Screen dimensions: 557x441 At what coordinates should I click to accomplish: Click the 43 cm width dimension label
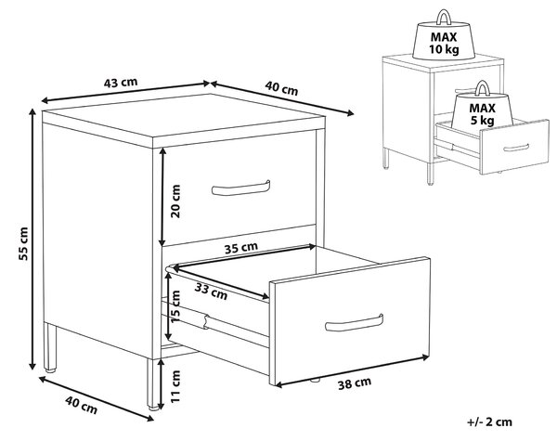coord(121,83)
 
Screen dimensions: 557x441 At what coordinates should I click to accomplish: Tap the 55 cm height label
coord(23,243)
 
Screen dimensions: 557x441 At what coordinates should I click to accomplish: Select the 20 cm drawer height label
coord(175,201)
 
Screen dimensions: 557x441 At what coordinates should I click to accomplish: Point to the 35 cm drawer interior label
coord(240,248)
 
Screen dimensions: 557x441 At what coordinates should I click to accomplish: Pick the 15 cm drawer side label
coord(175,306)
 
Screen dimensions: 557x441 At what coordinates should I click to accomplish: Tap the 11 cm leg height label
coord(175,386)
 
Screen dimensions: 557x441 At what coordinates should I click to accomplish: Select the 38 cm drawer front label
coord(355,383)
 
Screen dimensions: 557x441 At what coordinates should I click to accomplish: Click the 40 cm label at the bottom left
coord(81,406)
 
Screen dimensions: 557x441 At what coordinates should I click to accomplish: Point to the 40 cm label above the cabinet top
coord(281,88)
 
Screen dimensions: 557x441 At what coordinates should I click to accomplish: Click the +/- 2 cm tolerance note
coord(489,422)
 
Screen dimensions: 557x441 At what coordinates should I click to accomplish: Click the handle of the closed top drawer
coord(240,188)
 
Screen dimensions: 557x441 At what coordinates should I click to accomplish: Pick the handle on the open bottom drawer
coord(355,323)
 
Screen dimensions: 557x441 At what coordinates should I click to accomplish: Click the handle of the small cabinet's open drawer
coord(516,148)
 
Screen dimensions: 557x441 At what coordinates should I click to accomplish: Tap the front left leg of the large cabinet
coord(50,347)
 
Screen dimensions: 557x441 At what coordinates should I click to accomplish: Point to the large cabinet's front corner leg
coord(153,384)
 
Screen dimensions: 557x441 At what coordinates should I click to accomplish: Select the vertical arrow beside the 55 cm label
coord(32,240)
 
